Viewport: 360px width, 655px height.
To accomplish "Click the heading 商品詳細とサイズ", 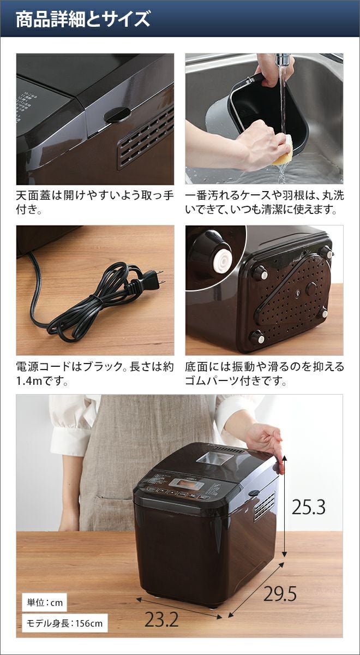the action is coord(83,19).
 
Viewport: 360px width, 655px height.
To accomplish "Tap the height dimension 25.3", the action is coord(308,507).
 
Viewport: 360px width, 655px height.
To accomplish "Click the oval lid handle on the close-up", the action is coord(117,114).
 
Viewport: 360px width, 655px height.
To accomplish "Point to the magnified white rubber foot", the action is coord(223,260).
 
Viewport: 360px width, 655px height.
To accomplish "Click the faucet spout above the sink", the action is coord(283,59).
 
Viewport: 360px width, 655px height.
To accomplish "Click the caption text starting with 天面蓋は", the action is coord(95,203).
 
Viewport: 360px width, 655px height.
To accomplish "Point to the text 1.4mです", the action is coord(42,382).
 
